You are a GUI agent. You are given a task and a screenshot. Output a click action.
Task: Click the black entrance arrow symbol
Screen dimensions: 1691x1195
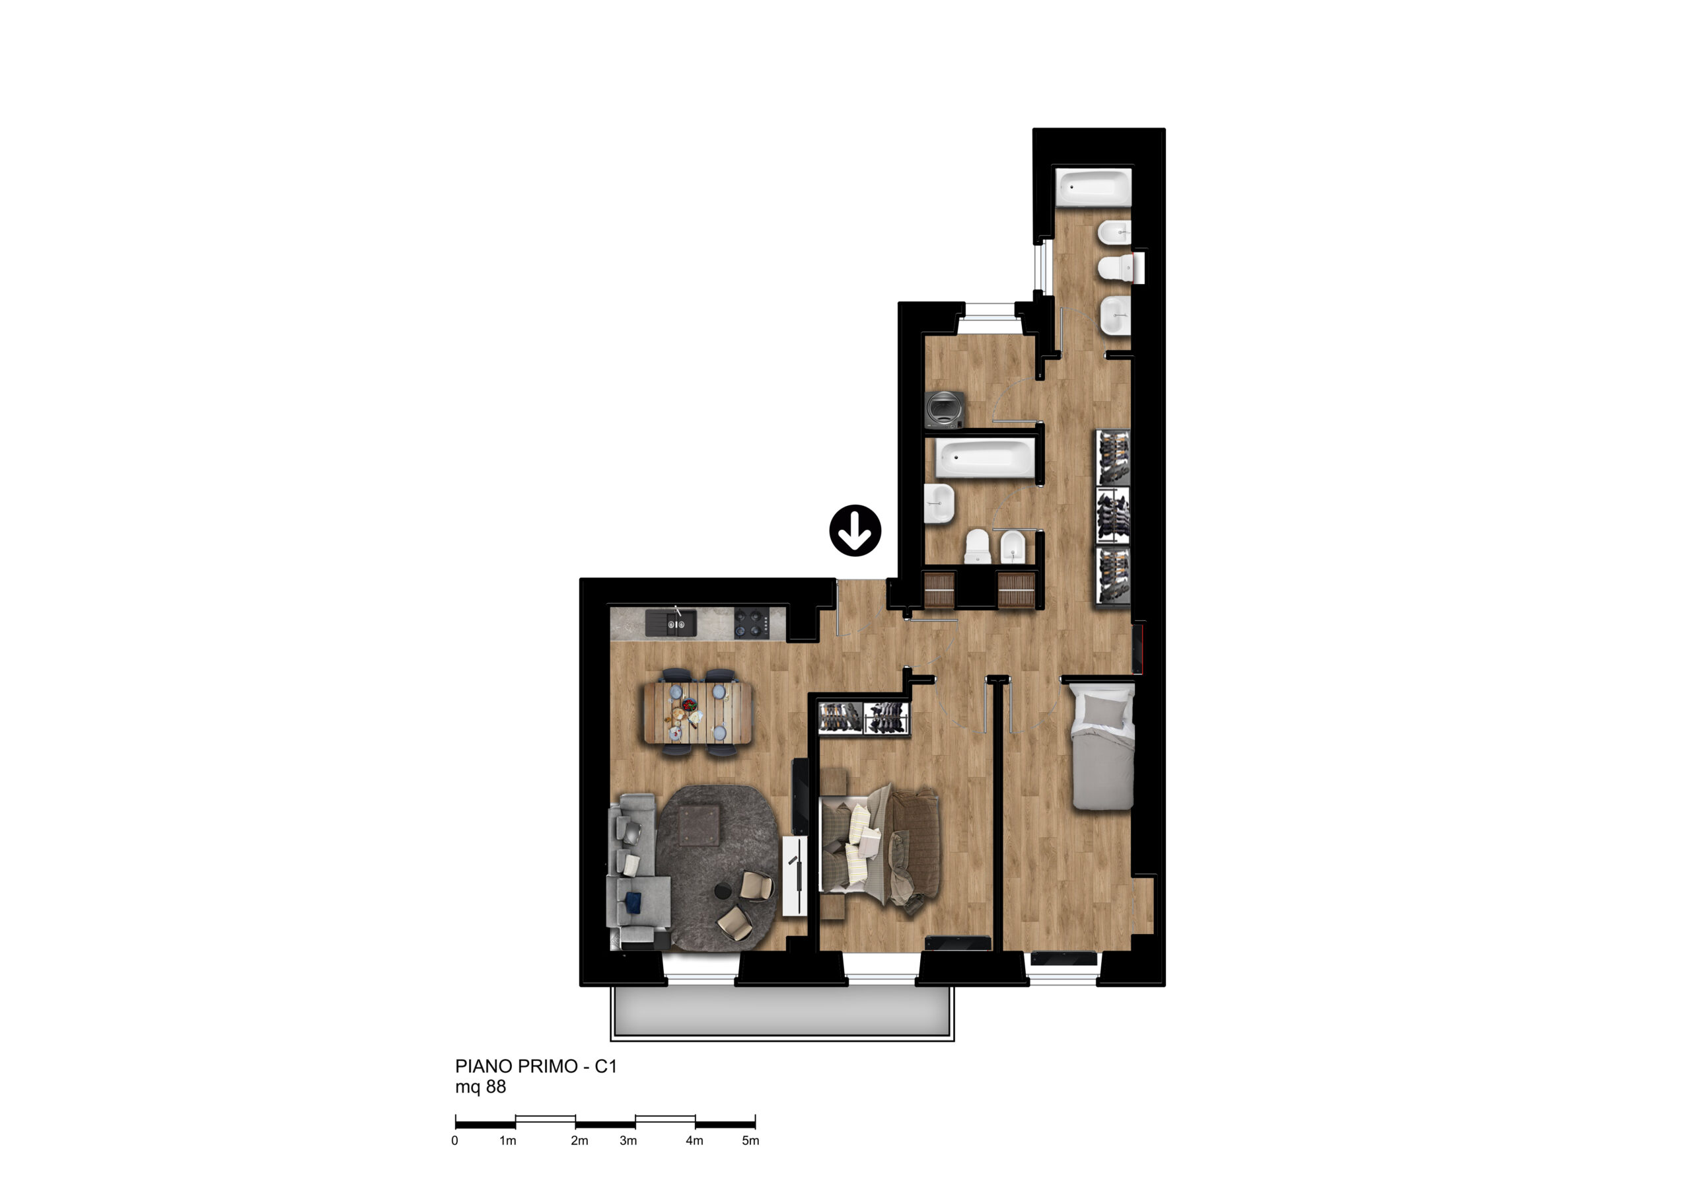click(x=855, y=530)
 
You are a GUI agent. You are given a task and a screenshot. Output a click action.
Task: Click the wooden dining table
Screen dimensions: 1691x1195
click(x=698, y=712)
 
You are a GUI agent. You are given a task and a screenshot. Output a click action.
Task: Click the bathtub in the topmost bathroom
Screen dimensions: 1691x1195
click(x=1093, y=188)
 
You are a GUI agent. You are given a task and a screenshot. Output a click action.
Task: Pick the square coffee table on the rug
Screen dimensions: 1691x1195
click(x=699, y=826)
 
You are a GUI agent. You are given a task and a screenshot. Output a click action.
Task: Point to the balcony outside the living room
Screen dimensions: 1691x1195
click(x=782, y=1012)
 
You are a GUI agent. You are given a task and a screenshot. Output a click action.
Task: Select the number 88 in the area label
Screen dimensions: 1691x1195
click(x=495, y=1087)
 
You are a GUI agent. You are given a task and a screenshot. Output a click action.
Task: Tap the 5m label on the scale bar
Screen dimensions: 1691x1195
click(x=750, y=1140)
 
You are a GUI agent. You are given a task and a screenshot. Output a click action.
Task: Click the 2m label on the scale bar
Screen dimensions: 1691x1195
click(x=579, y=1140)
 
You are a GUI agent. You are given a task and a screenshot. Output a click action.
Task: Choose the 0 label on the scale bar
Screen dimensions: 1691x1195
click(x=454, y=1140)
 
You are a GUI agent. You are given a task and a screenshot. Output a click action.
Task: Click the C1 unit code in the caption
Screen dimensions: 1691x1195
click(x=606, y=1066)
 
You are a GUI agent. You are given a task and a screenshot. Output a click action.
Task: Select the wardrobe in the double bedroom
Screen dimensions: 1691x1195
click(x=863, y=717)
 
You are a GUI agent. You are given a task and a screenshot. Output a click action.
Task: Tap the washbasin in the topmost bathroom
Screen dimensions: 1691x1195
click(x=1115, y=316)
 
